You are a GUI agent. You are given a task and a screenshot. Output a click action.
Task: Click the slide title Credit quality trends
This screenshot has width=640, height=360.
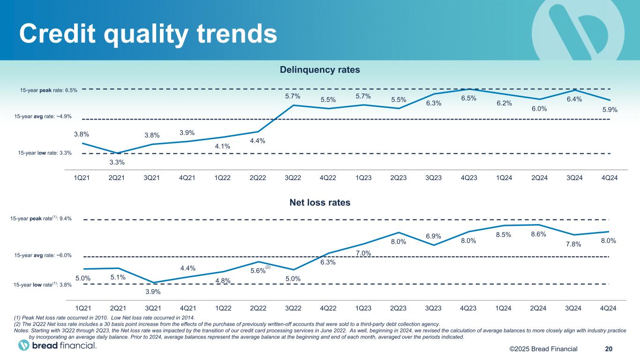(147, 33)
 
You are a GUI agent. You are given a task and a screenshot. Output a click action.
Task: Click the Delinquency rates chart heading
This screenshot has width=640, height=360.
(320, 70)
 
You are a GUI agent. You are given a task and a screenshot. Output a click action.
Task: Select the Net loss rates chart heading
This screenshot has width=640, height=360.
(320, 203)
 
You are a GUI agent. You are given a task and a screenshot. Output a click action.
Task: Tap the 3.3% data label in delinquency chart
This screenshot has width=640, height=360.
(117, 163)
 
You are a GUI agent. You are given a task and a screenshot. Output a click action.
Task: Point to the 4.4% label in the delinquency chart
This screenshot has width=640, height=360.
(257, 141)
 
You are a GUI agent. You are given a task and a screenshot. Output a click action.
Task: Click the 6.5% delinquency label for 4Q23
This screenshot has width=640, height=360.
(468, 98)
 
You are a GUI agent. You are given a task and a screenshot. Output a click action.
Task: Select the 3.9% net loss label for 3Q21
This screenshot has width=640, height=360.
(153, 292)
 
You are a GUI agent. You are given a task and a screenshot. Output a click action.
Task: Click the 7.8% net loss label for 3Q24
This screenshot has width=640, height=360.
(573, 244)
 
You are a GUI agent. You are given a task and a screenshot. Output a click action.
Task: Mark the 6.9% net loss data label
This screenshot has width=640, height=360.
(434, 235)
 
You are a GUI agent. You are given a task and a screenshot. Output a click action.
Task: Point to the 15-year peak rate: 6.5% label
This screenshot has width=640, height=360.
(49, 90)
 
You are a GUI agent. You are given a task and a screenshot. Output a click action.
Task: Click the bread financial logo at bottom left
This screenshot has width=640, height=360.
(57, 345)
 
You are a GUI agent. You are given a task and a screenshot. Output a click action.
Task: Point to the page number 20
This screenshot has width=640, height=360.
(609, 349)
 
